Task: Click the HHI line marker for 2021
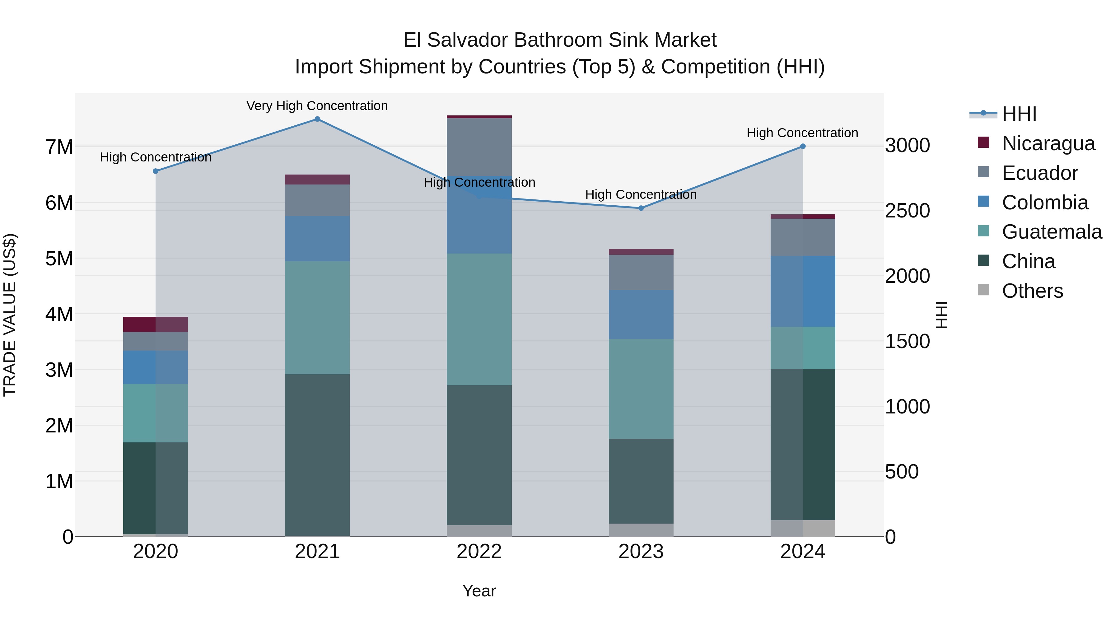pos(317,119)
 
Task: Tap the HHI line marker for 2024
pos(803,147)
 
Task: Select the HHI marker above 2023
pos(641,208)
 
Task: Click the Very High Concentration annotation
pos(317,106)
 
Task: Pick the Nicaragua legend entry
pos(1048,143)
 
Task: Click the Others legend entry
pos(1032,291)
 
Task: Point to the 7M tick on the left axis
pos(59,147)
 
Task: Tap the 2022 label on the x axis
pos(479,552)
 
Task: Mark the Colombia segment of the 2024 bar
pos(803,291)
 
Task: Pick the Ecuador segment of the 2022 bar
pos(479,147)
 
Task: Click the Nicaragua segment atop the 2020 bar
pos(155,324)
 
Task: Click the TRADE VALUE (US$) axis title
pos(10,315)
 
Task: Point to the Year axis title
pos(479,591)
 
